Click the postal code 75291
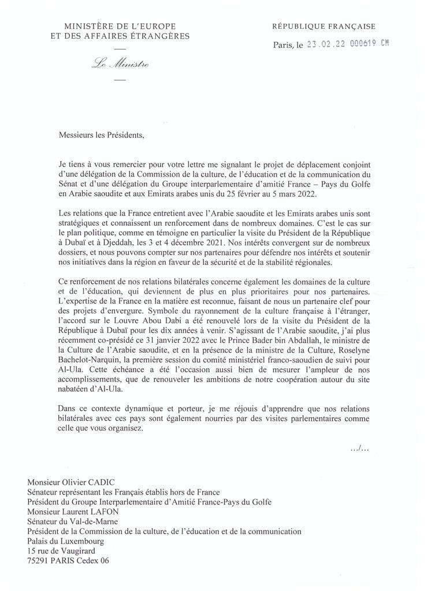pos(40,560)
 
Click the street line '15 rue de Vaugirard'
pos(64,551)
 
